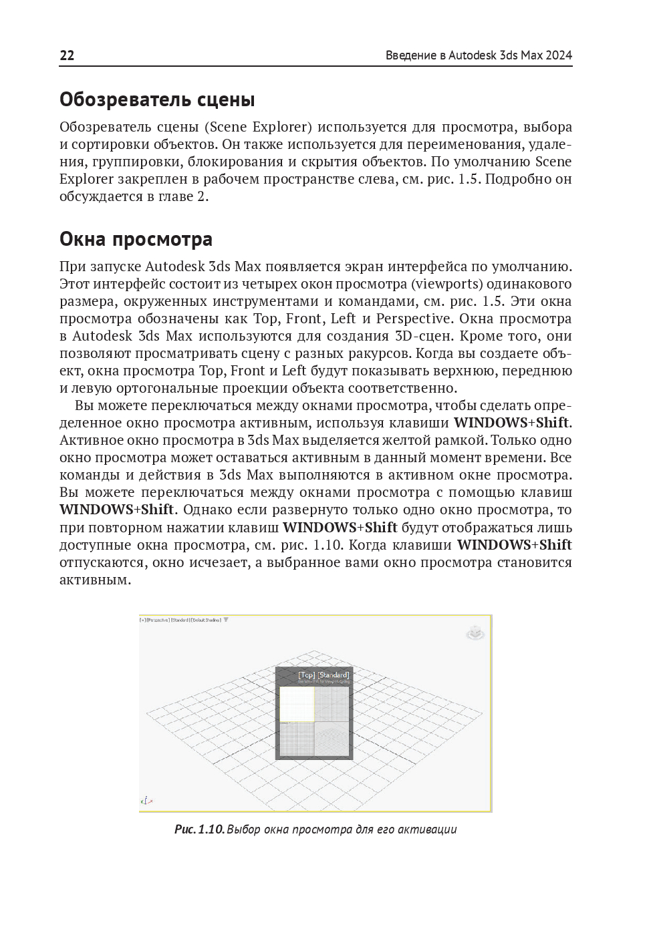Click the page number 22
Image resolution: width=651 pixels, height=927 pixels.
point(67,55)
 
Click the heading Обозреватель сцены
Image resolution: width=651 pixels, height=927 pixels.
point(157,100)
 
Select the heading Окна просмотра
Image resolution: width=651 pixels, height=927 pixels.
point(136,239)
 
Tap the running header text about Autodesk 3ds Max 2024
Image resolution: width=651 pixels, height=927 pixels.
point(479,55)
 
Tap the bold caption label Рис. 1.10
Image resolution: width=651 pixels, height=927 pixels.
point(199,829)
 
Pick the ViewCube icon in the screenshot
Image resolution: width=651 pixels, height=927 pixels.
point(475,632)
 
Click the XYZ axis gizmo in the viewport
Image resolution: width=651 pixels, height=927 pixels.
point(146,799)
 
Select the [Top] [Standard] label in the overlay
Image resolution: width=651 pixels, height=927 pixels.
point(323,675)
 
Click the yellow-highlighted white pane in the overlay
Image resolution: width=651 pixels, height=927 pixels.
point(297,704)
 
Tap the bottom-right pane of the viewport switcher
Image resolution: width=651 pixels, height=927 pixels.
point(332,739)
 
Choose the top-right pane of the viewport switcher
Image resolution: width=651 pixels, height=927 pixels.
point(332,704)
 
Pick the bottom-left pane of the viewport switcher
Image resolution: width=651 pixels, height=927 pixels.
point(297,739)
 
